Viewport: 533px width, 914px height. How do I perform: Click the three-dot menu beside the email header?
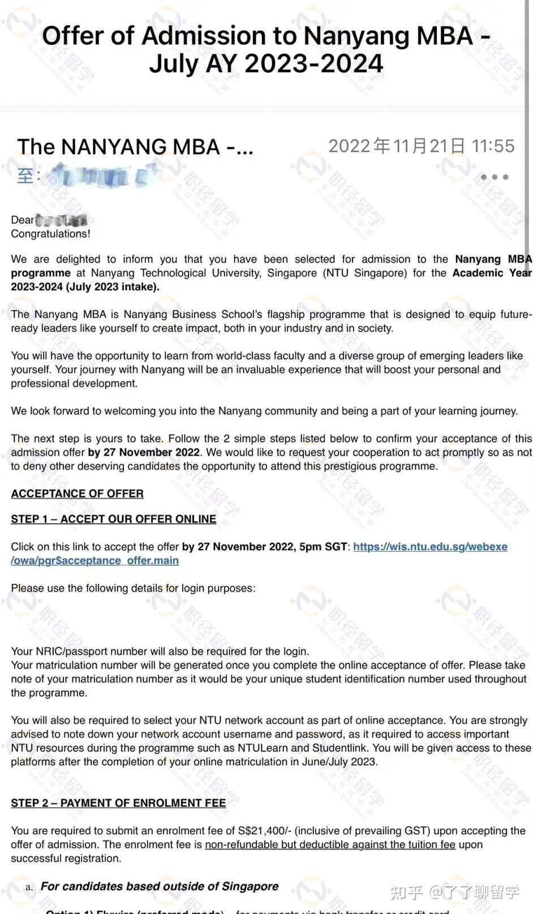pyautogui.click(x=495, y=177)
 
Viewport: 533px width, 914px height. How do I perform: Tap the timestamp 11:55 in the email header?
pyautogui.click(x=493, y=146)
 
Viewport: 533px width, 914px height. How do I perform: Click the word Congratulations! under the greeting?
pyautogui.click(x=50, y=234)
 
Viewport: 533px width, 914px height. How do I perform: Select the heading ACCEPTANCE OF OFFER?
pyautogui.click(x=77, y=494)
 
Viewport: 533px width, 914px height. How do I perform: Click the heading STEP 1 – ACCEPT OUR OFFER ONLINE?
pyautogui.click(x=113, y=519)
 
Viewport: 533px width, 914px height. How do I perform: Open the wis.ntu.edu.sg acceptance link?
pyautogui.click(x=430, y=547)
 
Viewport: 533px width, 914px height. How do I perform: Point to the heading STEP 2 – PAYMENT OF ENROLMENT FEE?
pyautogui.click(x=118, y=803)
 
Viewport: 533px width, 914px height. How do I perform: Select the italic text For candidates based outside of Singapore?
pyautogui.click(x=160, y=886)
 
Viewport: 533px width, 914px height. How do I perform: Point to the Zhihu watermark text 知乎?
pyautogui.click(x=406, y=892)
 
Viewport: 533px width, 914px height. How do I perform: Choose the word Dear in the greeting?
pyautogui.click(x=23, y=220)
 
